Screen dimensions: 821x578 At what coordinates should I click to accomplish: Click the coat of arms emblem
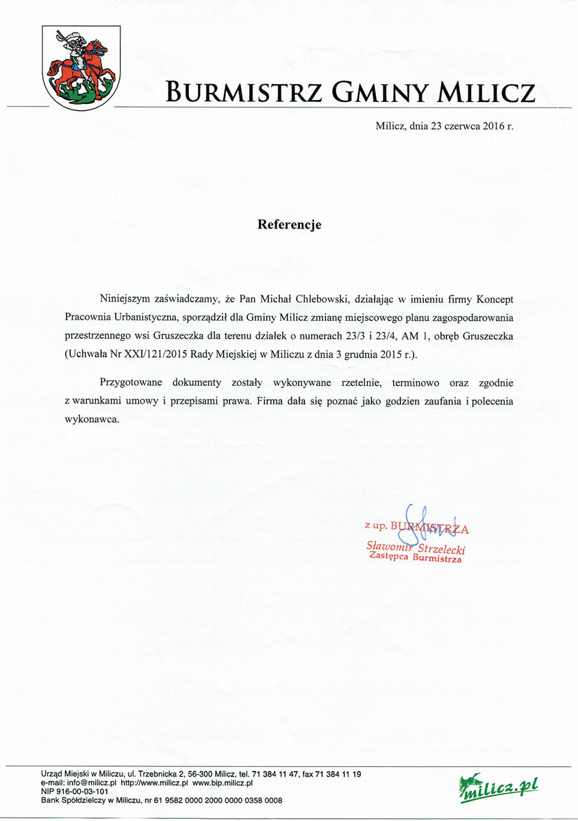(81, 65)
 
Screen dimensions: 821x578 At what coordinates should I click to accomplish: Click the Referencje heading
(289, 224)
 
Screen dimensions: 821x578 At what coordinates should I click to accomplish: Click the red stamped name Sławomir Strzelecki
(416, 547)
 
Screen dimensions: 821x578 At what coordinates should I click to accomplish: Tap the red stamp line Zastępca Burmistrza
(415, 558)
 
